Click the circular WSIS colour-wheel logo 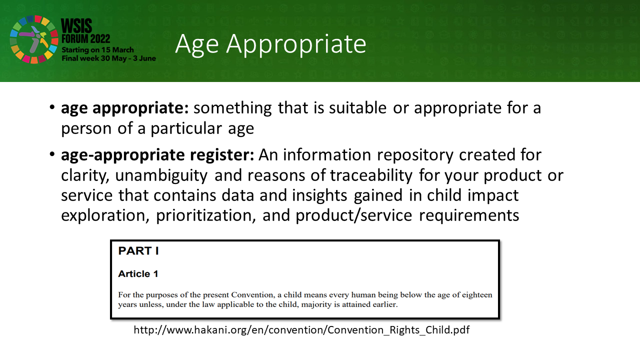coord(34,39)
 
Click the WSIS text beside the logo coord(76,26)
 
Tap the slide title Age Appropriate coord(270,44)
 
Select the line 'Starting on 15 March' coord(97,49)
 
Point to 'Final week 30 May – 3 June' coord(109,58)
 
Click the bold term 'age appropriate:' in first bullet coord(125,108)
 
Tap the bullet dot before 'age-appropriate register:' coord(52,154)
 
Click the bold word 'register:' coord(222,155)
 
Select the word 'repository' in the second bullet coord(415,155)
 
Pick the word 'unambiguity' coord(161,175)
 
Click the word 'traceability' coord(371,175)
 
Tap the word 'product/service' coord(353,215)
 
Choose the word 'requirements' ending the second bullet coord(469,215)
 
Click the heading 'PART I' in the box coord(138,250)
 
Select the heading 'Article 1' coord(138,273)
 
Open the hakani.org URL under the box coord(301,330)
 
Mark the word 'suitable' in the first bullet coord(357,108)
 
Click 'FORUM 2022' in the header coord(85,39)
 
